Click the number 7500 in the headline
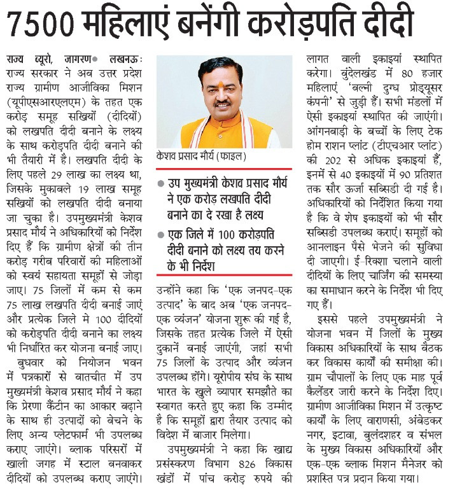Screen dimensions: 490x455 click(46, 24)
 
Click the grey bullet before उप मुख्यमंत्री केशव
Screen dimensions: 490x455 click(160, 182)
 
